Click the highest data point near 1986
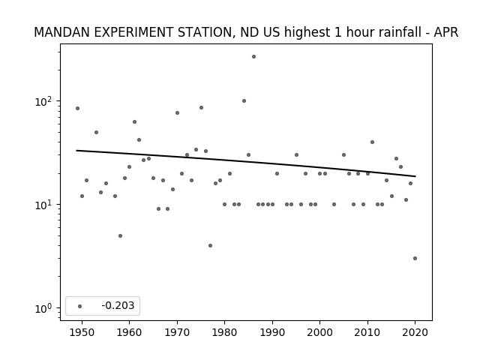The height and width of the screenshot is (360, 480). pyautogui.click(x=253, y=57)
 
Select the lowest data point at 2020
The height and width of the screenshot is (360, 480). pyautogui.click(x=415, y=258)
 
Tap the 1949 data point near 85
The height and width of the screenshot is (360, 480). pyautogui.click(x=77, y=108)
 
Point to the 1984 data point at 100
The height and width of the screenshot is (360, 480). pyautogui.click(x=244, y=101)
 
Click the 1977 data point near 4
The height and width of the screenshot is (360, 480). pyautogui.click(x=210, y=245)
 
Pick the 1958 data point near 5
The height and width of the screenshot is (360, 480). pyautogui.click(x=120, y=235)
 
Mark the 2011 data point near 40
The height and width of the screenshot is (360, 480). pyautogui.click(x=372, y=142)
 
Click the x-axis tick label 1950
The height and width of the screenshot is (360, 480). pyautogui.click(x=82, y=332)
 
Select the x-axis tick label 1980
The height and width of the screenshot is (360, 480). pyautogui.click(x=224, y=332)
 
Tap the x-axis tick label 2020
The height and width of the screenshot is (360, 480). pyautogui.click(x=415, y=332)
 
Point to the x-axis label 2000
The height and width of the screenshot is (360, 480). pyautogui.click(x=319, y=332)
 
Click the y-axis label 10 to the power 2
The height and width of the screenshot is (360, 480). pyautogui.click(x=43, y=101)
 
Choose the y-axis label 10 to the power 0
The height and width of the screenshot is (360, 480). pyautogui.click(x=43, y=308)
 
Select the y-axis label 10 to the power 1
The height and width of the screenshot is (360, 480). pyautogui.click(x=43, y=205)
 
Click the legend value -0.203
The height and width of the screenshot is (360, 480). pyautogui.click(x=118, y=305)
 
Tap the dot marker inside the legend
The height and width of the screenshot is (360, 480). pyautogui.click(x=80, y=306)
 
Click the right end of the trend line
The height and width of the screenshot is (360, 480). pyautogui.click(x=415, y=176)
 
